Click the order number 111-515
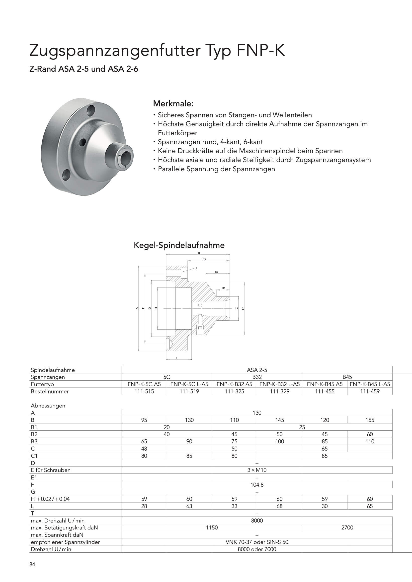click(144, 391)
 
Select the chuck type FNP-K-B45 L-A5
click(370, 384)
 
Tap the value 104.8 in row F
click(257, 485)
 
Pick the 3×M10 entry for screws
click(257, 470)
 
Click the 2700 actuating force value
click(347, 527)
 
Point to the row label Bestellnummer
click(50, 391)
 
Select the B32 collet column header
click(257, 377)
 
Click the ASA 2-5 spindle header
click(257, 370)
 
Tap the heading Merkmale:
click(173, 104)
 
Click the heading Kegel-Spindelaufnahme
click(179, 245)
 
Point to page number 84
click(32, 564)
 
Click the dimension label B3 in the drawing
click(204, 259)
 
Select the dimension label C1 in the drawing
click(243, 308)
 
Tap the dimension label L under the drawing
click(177, 358)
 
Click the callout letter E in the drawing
click(197, 268)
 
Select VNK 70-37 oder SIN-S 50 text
click(257, 542)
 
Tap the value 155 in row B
click(370, 420)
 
